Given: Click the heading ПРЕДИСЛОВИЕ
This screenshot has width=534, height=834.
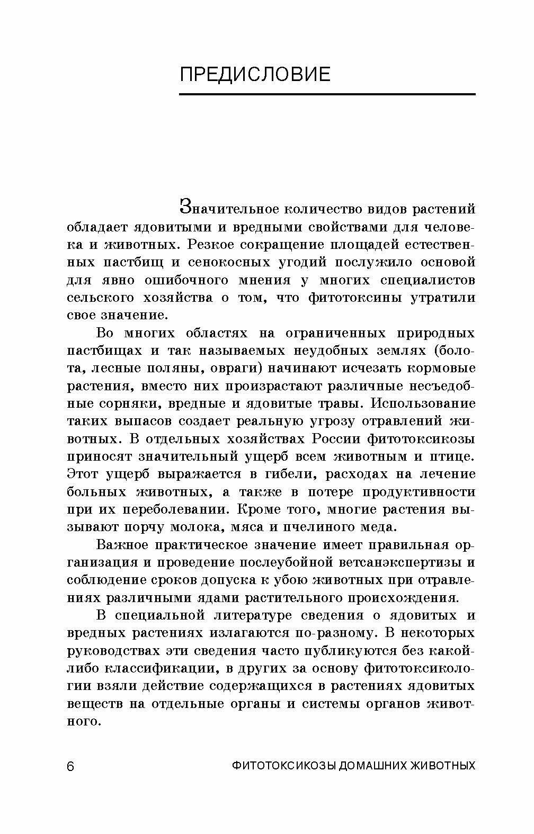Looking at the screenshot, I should pos(255,75).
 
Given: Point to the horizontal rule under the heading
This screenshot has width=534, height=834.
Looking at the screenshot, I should pos(327,95).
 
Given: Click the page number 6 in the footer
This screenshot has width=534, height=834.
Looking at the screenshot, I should pos(71,767).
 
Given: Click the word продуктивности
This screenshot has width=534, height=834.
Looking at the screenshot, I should pos(419,492).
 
